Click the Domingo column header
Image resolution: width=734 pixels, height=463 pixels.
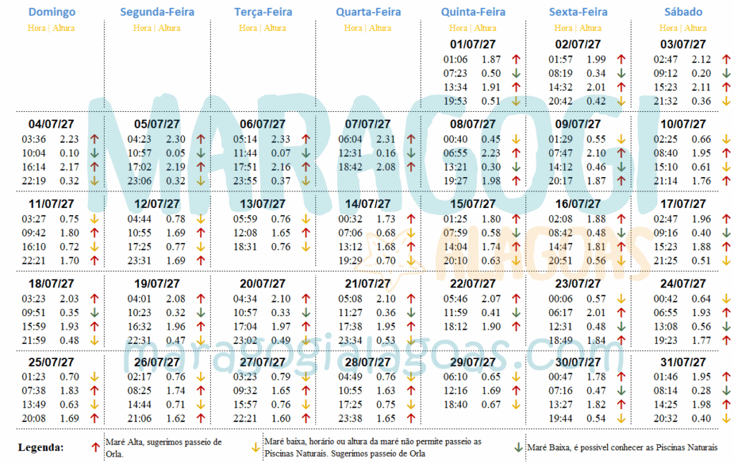[x=52, y=12]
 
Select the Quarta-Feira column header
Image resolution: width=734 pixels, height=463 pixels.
[x=368, y=12]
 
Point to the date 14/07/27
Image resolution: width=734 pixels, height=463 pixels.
[x=368, y=204]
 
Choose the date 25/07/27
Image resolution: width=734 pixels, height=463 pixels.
[x=52, y=363]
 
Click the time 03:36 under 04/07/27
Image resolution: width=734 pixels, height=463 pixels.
[x=34, y=140]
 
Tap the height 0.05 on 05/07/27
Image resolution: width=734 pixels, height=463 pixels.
[x=176, y=153]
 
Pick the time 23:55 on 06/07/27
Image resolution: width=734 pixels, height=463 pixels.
[x=244, y=181]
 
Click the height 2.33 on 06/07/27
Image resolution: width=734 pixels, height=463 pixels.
[x=281, y=140]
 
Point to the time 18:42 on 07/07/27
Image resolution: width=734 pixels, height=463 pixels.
[x=350, y=167]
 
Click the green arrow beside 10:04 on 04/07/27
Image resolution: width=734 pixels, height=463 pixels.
[x=94, y=153]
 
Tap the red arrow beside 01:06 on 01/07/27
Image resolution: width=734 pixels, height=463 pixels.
[x=515, y=59]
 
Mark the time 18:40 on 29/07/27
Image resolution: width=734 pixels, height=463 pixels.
[x=455, y=404]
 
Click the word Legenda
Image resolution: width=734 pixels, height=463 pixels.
[x=41, y=447]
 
